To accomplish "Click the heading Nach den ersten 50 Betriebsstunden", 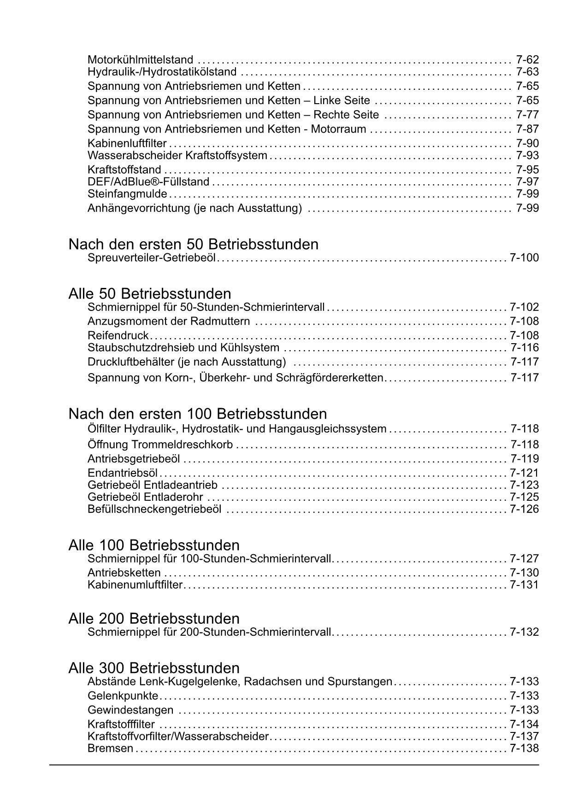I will point(193,244).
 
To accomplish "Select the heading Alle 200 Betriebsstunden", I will point(154,618).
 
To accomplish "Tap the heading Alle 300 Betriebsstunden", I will point(154,668).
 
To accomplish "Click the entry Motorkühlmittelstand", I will point(140,60).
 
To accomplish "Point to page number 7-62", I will point(527,60).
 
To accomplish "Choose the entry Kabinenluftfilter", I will point(127,144).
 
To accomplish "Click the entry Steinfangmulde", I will point(127,194).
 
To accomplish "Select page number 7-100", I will point(524,258).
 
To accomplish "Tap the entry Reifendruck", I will point(118,335).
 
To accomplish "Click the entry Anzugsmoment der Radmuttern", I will point(169,321).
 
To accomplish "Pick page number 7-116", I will point(524,348).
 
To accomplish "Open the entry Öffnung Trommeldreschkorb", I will point(160,445).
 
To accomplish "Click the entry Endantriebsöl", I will point(123,473).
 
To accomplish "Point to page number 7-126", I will point(524,509).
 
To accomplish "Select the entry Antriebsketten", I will point(124,573).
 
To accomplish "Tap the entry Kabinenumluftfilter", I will point(135,585).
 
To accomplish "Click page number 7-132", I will point(524,632).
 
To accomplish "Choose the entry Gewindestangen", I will point(130,710).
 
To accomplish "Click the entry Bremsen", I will point(110,749).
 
